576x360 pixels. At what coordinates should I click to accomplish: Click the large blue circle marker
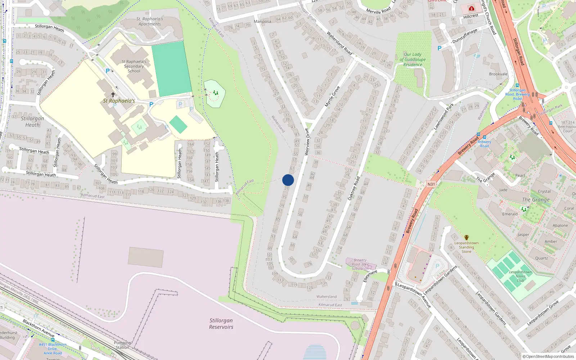click(x=288, y=180)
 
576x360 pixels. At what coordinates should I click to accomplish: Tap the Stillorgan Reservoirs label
click(x=221, y=324)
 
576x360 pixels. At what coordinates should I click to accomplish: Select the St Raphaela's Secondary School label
click(x=134, y=66)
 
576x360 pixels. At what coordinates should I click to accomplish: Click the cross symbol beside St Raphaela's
click(x=113, y=95)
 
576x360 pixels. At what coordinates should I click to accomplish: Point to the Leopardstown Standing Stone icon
click(x=467, y=238)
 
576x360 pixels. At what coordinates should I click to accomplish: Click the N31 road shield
click(x=431, y=184)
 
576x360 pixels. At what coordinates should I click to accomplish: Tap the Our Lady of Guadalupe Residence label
click(x=413, y=59)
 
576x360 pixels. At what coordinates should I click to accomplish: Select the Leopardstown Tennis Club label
click(x=521, y=276)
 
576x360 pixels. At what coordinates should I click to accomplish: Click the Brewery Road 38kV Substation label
click(x=360, y=264)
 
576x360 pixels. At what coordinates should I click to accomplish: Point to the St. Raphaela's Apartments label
click(x=150, y=21)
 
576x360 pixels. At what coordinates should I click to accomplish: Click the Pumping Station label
click(x=122, y=345)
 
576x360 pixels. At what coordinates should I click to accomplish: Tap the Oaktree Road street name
click(x=354, y=188)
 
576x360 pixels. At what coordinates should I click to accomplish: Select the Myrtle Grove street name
click(x=332, y=96)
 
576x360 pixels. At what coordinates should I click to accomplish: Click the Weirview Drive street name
click(x=307, y=142)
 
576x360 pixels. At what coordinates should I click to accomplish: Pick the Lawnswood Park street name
click(x=444, y=117)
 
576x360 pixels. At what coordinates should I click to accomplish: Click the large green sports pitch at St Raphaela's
click(x=171, y=69)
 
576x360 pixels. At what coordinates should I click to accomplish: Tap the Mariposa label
click(x=262, y=22)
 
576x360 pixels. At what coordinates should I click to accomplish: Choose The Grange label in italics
click(x=536, y=200)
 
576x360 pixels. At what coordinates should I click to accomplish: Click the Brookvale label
click(x=498, y=74)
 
